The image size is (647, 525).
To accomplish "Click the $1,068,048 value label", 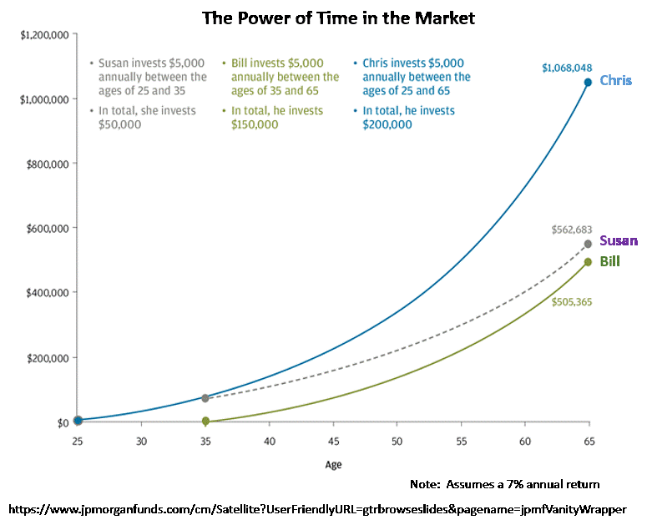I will pyautogui.click(x=567, y=68).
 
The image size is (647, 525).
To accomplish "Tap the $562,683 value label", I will pyautogui.click(x=572, y=230).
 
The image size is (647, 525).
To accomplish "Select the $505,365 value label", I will pyautogui.click(x=572, y=302).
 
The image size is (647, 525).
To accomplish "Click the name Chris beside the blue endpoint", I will pyautogui.click(x=615, y=81).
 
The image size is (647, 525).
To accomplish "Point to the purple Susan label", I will pyautogui.click(x=618, y=241).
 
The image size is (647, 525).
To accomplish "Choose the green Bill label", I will pyautogui.click(x=609, y=262).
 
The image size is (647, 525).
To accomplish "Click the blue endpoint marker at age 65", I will pyautogui.click(x=588, y=82).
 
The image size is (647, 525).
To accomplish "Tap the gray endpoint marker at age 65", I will pyautogui.click(x=588, y=244).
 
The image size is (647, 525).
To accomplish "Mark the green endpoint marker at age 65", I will pyautogui.click(x=588, y=262).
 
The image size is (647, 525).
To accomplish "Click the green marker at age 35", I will pyautogui.click(x=205, y=422).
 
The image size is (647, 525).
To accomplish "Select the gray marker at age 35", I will pyautogui.click(x=205, y=398).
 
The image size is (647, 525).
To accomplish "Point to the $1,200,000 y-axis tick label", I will pyautogui.click(x=44, y=35).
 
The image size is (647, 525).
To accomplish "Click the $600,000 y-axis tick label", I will pyautogui.click(x=48, y=228).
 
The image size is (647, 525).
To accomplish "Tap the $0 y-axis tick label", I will pyautogui.click(x=63, y=422).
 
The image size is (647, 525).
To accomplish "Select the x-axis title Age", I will pyautogui.click(x=333, y=465).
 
